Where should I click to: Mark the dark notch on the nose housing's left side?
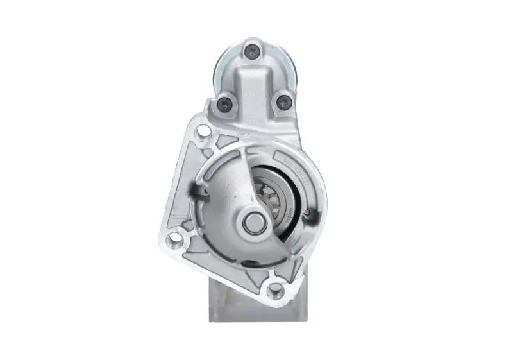pos(196,188)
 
